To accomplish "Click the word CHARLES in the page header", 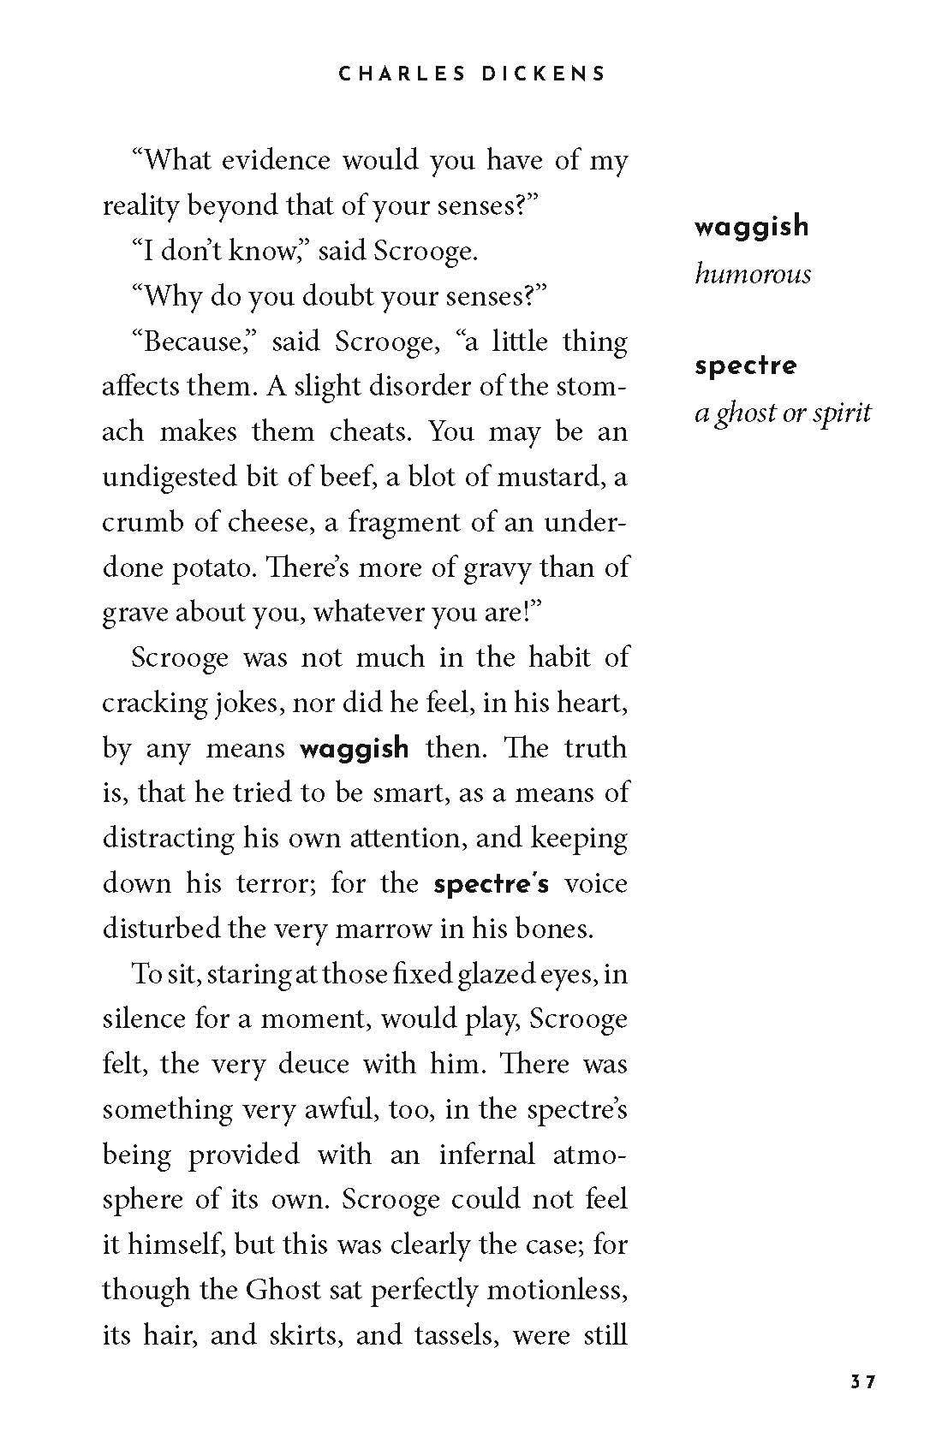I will tap(391, 74).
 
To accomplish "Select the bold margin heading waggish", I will tap(751, 227).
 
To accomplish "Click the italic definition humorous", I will tap(752, 274).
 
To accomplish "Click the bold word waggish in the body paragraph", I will tap(354, 749).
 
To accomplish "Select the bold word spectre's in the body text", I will tap(491, 884).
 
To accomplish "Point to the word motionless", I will tap(557, 1290).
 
